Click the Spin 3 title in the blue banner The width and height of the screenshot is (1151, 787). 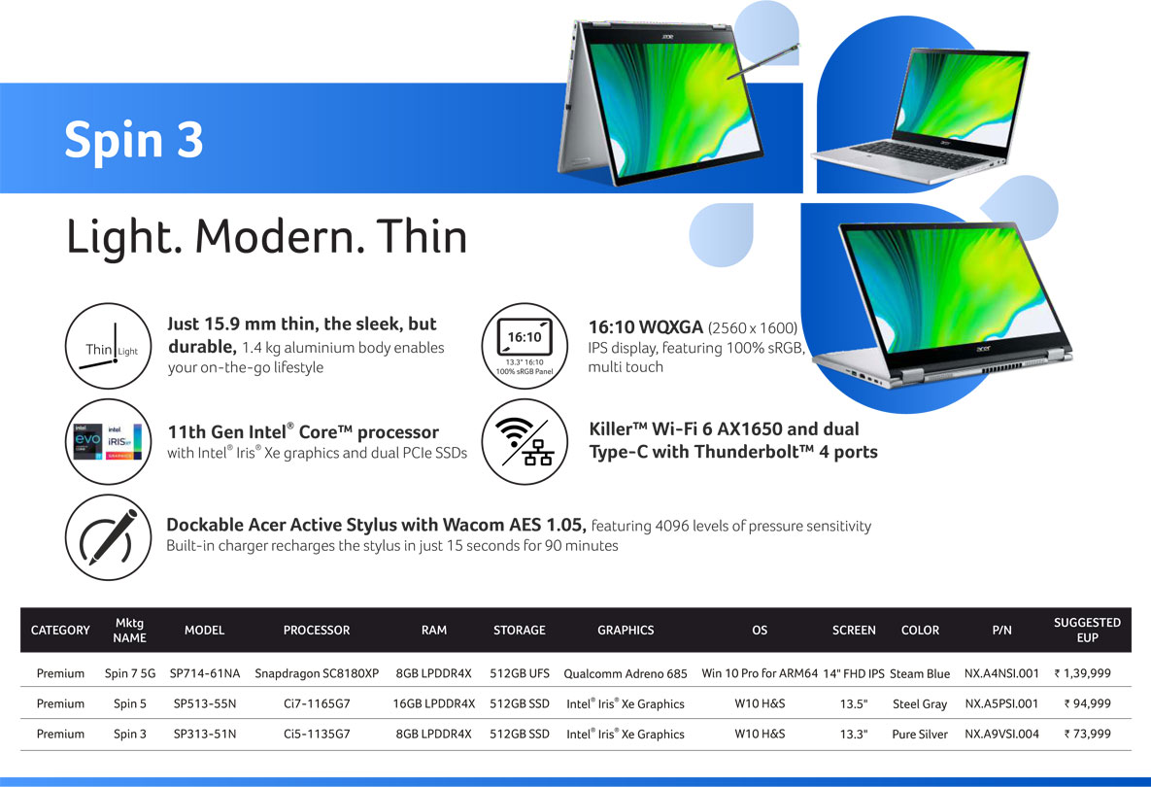coord(134,139)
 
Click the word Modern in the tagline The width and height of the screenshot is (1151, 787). coord(280,236)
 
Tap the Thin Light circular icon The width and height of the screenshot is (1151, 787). coord(109,346)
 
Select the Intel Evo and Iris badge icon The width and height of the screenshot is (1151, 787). coord(109,441)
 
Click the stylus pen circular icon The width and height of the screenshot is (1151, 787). coord(109,537)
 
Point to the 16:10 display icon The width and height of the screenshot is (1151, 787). coord(525,346)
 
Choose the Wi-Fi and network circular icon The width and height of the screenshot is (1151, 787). coord(525,441)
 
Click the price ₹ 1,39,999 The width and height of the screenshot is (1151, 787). coord(1083,673)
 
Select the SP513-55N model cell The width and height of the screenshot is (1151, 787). coord(205,703)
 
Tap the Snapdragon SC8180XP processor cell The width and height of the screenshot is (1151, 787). coord(317,673)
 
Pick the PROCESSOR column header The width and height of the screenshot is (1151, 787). coord(317,630)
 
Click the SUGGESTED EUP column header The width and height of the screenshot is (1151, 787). coord(1087,630)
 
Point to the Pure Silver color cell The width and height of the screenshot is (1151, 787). coord(920,735)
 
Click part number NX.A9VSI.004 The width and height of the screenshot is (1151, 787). coord(1002,735)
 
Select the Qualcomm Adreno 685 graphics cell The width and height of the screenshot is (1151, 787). coord(626,673)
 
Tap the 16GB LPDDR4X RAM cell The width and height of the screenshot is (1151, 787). coord(434,703)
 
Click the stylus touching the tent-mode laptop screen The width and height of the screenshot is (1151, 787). coord(763,61)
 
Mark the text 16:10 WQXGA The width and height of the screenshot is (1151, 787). coord(646,327)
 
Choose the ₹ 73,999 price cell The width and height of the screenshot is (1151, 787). coord(1087,735)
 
